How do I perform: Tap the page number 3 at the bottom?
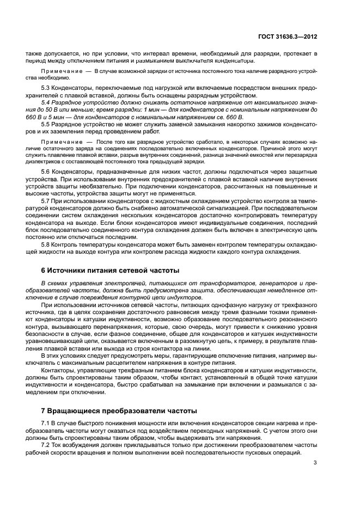pyautogui.click(x=315, y=464)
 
